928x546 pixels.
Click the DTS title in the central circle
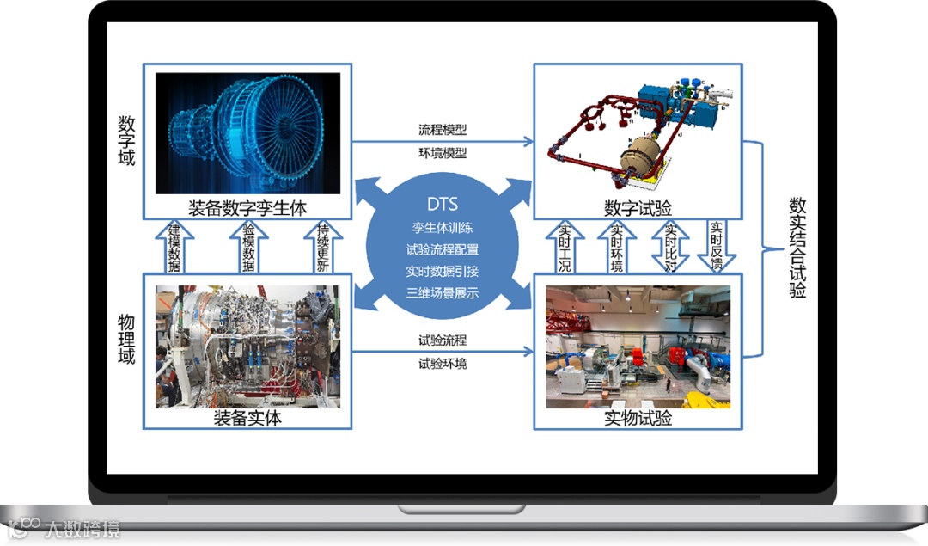pos(442,205)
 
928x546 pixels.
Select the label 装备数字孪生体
pos(247,207)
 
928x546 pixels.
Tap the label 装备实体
pos(247,419)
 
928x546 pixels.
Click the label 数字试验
pos(638,208)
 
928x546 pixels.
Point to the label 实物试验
pos(638,419)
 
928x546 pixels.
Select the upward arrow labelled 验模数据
pos(247,247)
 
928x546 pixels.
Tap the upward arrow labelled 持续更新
pos(322,247)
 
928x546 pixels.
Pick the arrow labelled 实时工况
pos(565,246)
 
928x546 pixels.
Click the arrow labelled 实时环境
pos(616,246)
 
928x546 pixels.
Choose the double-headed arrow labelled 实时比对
pos(669,246)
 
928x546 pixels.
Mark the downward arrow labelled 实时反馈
pos(716,246)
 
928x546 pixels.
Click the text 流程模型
pos(442,130)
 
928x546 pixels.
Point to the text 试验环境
pos(442,364)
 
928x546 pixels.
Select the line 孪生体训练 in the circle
pos(442,229)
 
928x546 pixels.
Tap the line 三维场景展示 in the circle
pos(442,292)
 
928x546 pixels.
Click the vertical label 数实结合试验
pos(797,248)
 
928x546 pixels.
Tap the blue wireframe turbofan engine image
pos(247,133)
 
